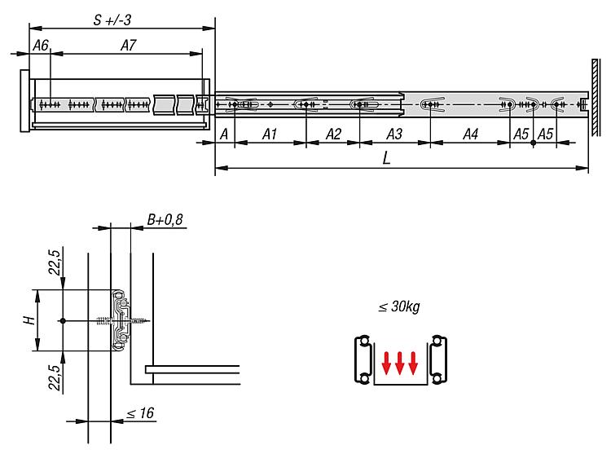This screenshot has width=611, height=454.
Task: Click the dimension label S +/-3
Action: tap(112, 20)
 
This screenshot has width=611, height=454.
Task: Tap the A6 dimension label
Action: tap(41, 46)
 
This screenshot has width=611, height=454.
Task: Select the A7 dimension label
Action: tap(129, 46)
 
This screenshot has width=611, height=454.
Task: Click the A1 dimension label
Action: tap(270, 134)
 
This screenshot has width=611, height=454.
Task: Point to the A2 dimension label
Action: tap(333, 134)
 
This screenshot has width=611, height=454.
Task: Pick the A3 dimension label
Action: tap(394, 134)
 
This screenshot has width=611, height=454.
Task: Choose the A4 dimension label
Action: tap(470, 134)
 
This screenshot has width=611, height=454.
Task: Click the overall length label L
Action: tap(386, 158)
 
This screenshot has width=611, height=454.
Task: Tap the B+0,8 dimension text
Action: tap(165, 220)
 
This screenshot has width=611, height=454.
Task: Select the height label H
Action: tap(29, 320)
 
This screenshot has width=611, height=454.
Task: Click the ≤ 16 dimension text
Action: tap(140, 413)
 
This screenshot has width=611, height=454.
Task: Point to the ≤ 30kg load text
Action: tap(399, 306)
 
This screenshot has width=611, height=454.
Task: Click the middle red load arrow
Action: tap(399, 364)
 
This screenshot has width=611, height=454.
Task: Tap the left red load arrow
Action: tap(386, 364)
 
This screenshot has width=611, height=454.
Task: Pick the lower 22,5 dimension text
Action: tap(55, 377)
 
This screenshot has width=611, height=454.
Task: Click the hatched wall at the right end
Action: tap(596, 98)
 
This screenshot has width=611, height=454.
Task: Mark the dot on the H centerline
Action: tap(63, 320)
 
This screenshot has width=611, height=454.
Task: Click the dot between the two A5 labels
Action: tap(533, 143)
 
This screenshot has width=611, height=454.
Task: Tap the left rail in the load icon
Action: tap(363, 359)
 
